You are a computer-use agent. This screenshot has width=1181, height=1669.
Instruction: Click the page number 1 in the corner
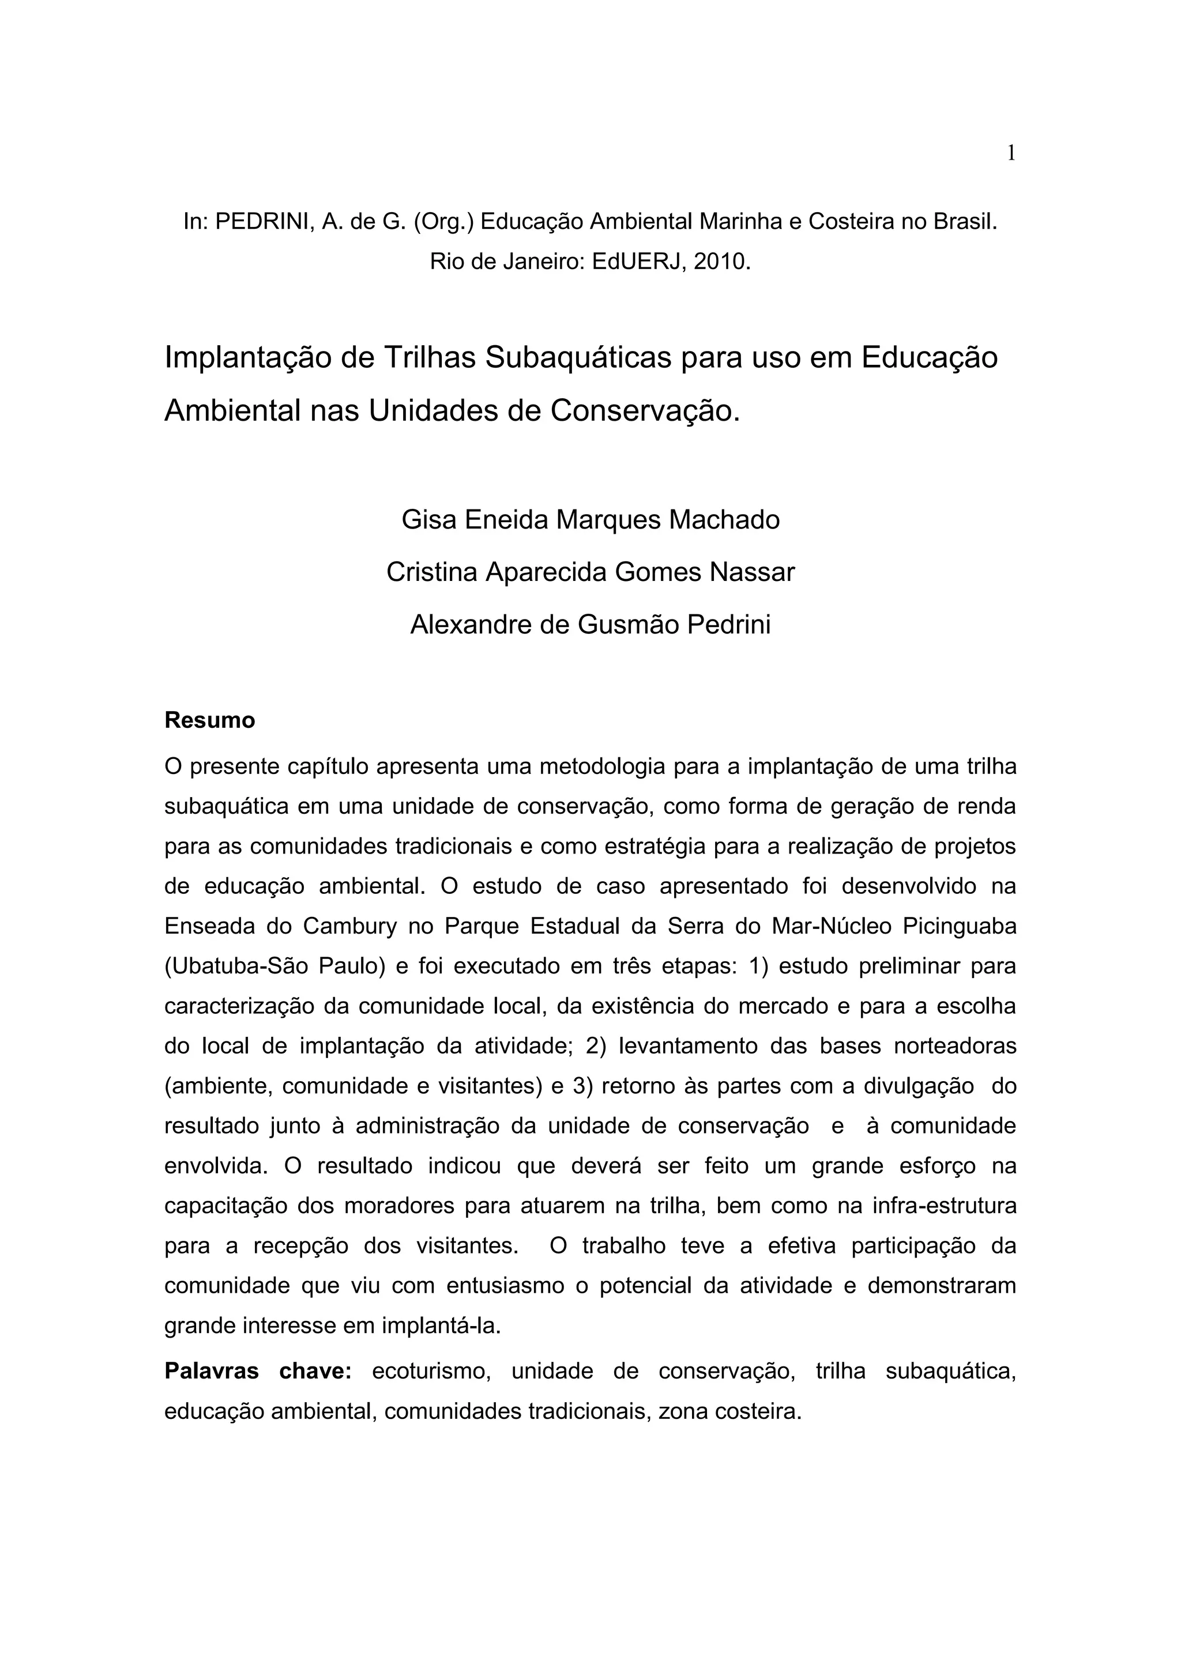pyautogui.click(x=1010, y=153)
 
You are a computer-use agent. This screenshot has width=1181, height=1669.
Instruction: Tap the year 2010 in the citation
pyautogui.click(x=721, y=262)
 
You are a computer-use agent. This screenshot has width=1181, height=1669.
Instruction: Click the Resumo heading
pyautogui.click(x=209, y=720)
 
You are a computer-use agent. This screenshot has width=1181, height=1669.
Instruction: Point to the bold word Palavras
pyautogui.click(x=211, y=1371)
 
